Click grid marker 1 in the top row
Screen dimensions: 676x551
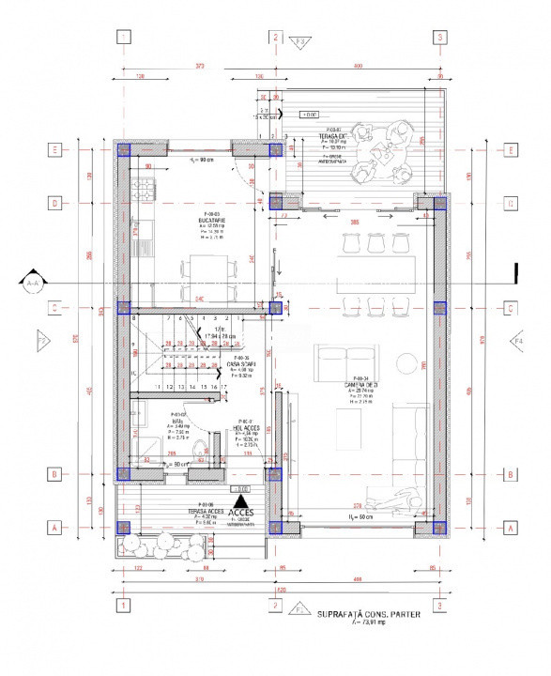pyautogui.click(x=123, y=38)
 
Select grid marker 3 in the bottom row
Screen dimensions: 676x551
pyautogui.click(x=439, y=606)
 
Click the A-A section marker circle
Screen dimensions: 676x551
pyautogui.click(x=35, y=281)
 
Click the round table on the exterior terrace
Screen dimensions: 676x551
pyautogui.click(x=406, y=151)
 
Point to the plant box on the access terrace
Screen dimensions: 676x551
pyautogui.click(x=151, y=546)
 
